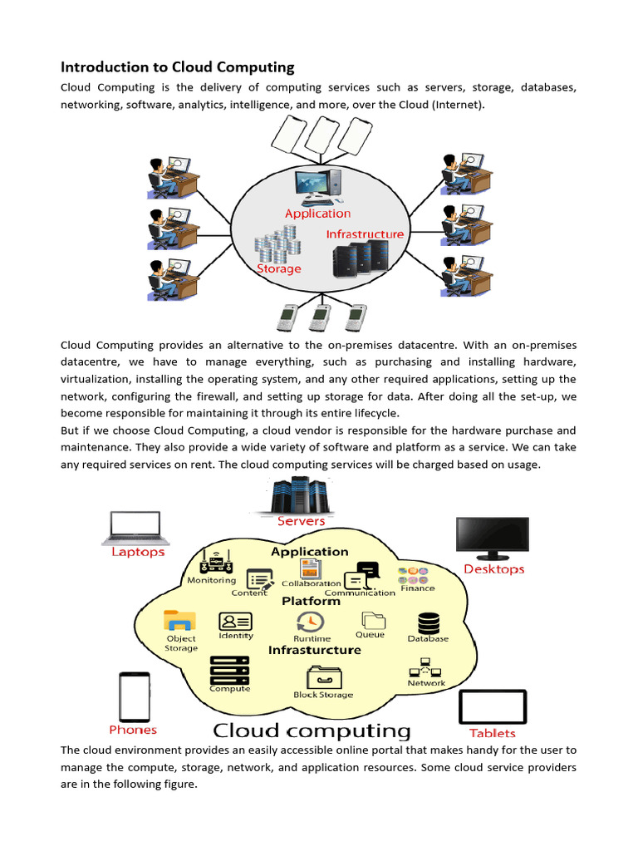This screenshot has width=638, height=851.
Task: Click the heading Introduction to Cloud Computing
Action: pos(178,67)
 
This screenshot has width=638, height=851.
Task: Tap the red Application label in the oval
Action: pos(317,214)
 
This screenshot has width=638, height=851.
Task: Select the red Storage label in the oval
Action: pos(278,269)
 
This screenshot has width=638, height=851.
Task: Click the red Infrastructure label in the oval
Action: pos(365,234)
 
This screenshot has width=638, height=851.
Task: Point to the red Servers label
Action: pos(302,521)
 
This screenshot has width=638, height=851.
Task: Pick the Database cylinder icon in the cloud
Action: pos(429,623)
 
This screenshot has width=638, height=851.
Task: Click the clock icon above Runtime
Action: pos(311,622)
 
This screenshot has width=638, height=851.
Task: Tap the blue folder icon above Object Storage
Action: pos(179,621)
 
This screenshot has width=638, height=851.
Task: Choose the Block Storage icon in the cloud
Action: pos(323,676)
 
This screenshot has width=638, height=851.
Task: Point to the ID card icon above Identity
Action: pos(236,622)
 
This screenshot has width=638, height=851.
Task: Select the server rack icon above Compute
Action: pos(229,669)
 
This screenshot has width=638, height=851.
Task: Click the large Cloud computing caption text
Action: pos(312,731)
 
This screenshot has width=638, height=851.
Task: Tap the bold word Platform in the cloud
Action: pos(311,601)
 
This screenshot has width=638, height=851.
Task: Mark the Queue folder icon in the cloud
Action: pos(372,620)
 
